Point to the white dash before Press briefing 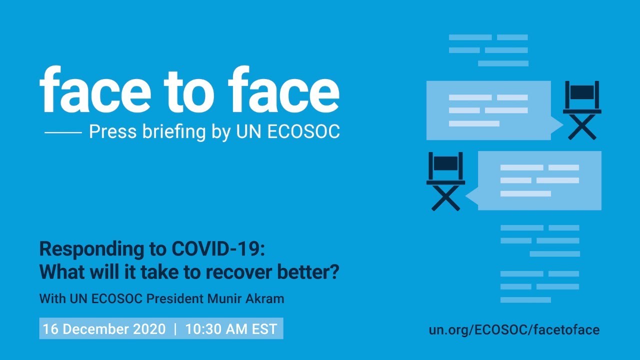pos(63,132)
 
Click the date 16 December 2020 pos(104,329)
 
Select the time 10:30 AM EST pos(231,329)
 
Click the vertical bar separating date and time pos(175,329)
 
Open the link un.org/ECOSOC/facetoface pos(514,329)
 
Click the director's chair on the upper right pos(582,110)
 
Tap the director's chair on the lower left pos(445,181)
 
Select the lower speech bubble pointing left pos(537,180)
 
